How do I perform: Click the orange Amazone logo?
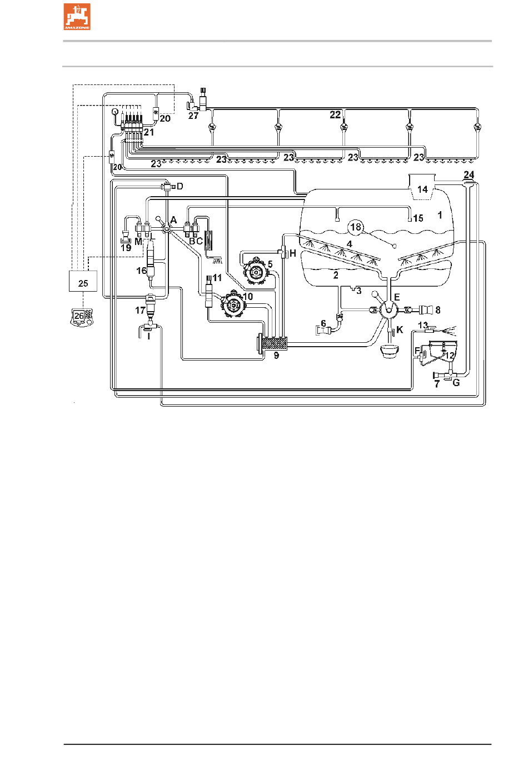coord(77,17)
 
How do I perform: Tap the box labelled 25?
coord(83,281)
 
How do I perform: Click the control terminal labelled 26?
coord(82,318)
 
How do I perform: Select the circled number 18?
coord(356,227)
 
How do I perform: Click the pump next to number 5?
coord(256,271)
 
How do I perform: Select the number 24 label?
coord(469,175)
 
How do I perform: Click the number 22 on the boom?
coord(335,114)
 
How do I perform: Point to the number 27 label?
coord(193,116)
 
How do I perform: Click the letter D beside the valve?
coord(180,186)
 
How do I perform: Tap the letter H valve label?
coord(293,253)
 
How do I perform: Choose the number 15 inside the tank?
coord(418,218)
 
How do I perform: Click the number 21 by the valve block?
coord(149,132)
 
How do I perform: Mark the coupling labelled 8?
coord(426,309)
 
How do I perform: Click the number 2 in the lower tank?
coord(336,275)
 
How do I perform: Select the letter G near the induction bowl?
coord(456,383)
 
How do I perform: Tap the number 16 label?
coord(142,271)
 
